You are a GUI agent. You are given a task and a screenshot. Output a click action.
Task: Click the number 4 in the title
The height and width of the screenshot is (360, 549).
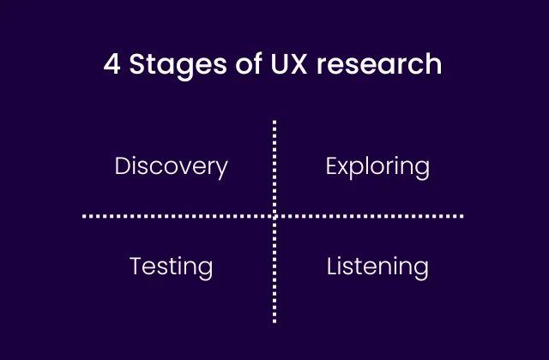(x=112, y=65)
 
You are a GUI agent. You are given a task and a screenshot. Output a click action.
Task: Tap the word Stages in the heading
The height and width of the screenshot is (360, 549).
(x=168, y=66)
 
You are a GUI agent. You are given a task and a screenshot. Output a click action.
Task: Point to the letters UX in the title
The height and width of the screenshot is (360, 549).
(x=276, y=65)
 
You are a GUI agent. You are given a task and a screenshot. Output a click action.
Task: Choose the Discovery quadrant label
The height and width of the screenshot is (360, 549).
(x=172, y=165)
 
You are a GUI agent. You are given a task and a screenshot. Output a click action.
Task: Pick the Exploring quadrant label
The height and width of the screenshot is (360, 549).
(x=377, y=166)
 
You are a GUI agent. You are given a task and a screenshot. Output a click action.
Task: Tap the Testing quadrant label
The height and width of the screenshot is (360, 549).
(x=171, y=267)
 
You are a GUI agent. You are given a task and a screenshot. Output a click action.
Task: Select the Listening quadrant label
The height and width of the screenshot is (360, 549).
(x=377, y=267)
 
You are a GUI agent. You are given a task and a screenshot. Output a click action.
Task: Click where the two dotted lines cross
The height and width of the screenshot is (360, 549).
(x=274, y=216)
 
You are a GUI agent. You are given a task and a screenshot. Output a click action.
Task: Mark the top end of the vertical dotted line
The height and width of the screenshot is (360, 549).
(x=274, y=123)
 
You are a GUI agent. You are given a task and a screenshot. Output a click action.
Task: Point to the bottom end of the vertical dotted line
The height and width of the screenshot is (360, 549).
(x=274, y=321)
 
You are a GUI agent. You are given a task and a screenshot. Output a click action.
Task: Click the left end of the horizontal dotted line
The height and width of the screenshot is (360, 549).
(x=85, y=216)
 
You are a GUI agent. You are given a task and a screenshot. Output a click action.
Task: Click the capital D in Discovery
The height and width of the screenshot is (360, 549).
(x=123, y=165)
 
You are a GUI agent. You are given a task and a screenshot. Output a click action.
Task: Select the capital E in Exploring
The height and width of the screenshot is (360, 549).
(x=332, y=165)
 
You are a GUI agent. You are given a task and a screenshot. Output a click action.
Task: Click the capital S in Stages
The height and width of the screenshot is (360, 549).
(x=137, y=65)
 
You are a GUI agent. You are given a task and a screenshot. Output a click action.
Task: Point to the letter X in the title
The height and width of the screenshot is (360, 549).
(x=287, y=65)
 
